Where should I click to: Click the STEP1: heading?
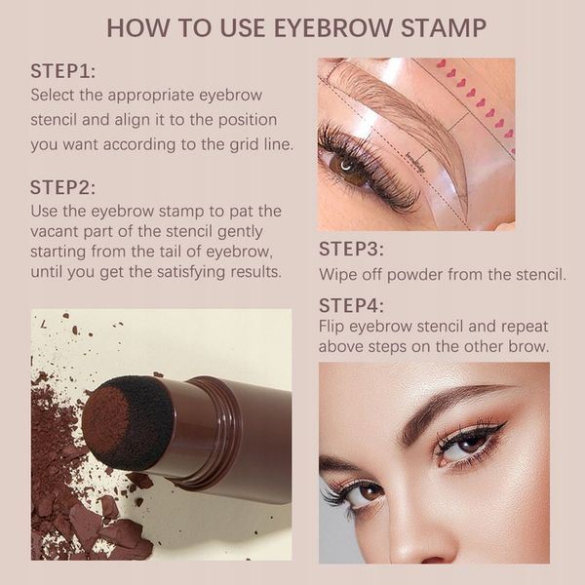tap(63, 72)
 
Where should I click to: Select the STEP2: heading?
tap(63, 187)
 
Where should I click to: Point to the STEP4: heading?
tap(351, 306)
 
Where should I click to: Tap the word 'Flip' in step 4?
tap(334, 327)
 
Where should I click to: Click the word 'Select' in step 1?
tap(57, 96)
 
